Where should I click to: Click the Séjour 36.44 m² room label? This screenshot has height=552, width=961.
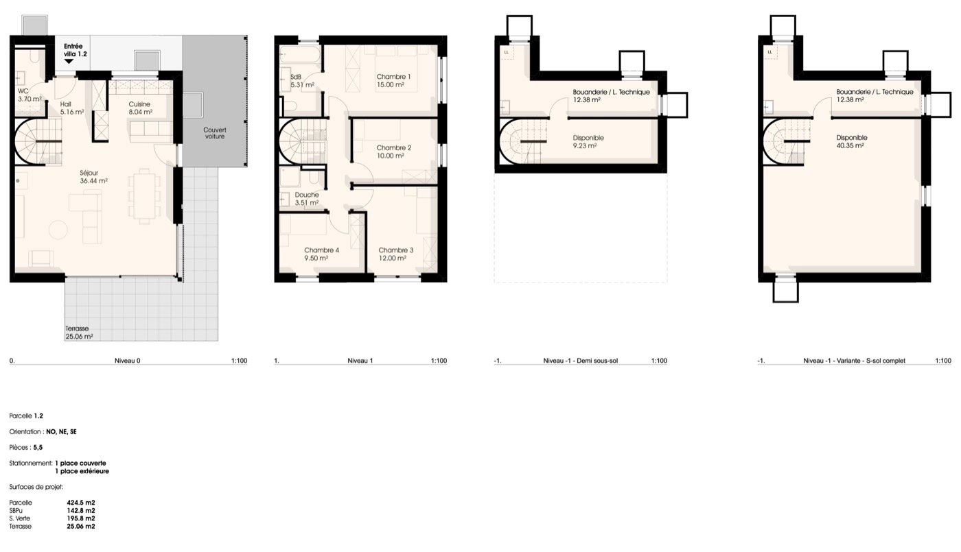click(93, 177)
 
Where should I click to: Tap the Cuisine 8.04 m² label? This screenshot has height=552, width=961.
click(141, 108)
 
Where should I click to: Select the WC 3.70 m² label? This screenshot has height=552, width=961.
click(30, 95)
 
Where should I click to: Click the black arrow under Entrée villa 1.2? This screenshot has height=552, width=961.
click(69, 62)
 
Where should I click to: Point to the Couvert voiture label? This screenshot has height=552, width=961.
click(215, 133)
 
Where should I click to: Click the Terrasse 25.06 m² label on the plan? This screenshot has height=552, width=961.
click(80, 333)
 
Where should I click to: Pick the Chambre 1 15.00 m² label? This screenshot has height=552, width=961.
click(393, 81)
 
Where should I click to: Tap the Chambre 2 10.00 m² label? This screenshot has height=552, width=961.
click(394, 152)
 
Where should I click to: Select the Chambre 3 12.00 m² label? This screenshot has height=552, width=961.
click(395, 254)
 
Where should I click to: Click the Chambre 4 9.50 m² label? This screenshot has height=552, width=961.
click(321, 254)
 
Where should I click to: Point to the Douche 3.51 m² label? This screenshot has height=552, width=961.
click(307, 199)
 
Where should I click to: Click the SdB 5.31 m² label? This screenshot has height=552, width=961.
click(303, 81)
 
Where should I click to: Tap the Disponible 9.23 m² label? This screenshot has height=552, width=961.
click(588, 142)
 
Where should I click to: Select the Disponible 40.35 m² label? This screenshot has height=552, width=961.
click(852, 142)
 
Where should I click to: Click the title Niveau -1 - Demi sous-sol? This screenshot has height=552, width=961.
click(581, 361)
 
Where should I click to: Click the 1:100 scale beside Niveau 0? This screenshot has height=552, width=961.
click(239, 361)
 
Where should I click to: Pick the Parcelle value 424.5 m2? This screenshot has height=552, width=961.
click(81, 503)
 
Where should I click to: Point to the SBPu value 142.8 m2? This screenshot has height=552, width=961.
click(81, 511)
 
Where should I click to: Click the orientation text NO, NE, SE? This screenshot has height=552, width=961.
click(61, 432)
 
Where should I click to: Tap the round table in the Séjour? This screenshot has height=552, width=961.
click(58, 230)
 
